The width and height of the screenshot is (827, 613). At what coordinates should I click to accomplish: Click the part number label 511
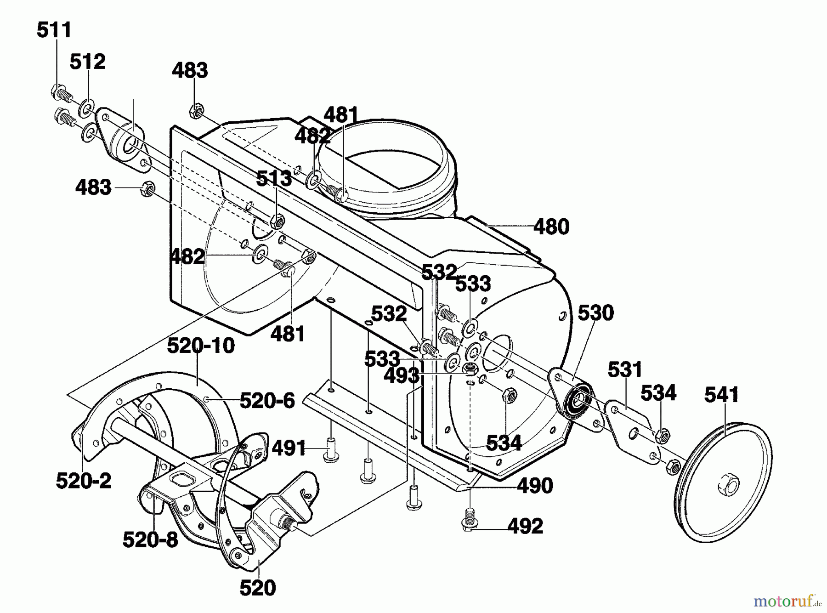point(54,30)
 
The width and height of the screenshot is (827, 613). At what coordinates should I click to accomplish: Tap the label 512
point(88,62)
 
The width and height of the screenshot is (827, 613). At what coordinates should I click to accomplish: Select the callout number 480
point(551,227)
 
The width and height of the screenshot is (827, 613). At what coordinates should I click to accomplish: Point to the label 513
point(274,178)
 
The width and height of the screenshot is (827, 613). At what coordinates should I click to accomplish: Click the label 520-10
point(201,346)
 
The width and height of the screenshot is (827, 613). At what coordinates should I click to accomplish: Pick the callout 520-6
point(267,401)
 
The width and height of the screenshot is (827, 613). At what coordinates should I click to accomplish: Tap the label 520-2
point(84,481)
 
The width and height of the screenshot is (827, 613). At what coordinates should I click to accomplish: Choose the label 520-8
point(150,539)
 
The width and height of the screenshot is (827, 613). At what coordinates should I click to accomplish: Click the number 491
point(289,448)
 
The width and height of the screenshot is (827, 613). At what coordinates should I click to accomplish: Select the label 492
point(525,526)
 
